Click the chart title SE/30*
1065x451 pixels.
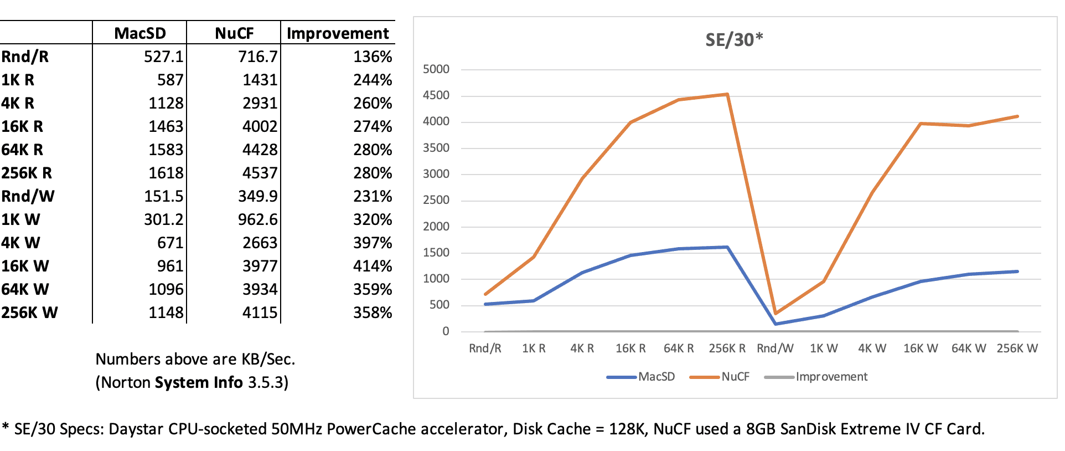[734, 40]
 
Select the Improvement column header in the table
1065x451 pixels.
[338, 33]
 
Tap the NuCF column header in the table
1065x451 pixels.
[234, 33]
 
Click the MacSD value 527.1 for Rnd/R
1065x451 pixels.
[163, 57]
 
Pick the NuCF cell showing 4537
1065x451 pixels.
[260, 173]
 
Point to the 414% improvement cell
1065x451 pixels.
[373, 266]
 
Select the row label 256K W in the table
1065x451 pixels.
[29, 312]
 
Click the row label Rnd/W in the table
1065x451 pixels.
[28, 196]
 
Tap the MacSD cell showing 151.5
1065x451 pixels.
[163, 196]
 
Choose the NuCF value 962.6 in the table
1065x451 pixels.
[257, 219]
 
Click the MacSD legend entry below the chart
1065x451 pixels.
[641, 377]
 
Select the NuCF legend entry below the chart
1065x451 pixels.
[720, 377]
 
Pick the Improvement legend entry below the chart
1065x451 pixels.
[816, 377]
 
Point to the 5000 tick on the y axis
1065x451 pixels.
[436, 69]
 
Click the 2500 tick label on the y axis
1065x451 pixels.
[436, 200]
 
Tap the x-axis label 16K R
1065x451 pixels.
[630, 348]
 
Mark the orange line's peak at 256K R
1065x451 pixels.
[727, 94]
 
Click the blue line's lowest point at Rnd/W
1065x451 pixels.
[776, 324]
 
